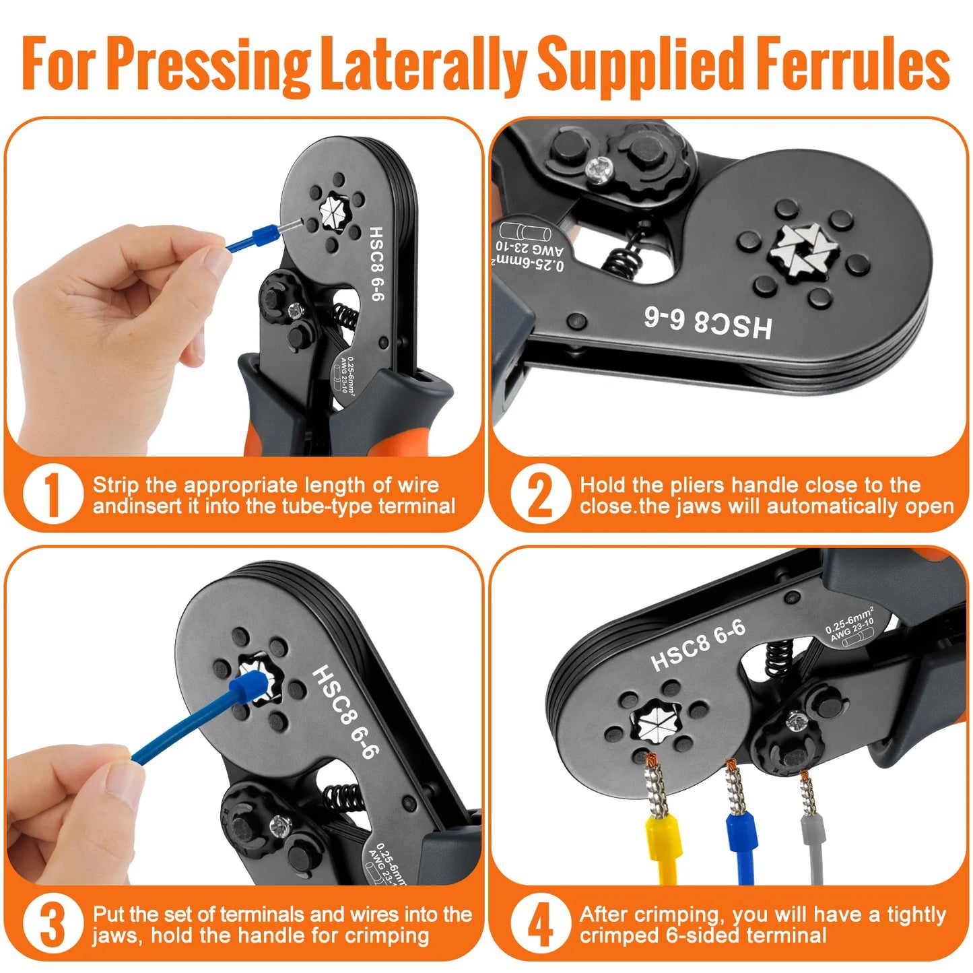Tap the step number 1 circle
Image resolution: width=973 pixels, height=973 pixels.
pyautogui.click(x=53, y=494)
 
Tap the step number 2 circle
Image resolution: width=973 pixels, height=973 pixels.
pyautogui.click(x=539, y=494)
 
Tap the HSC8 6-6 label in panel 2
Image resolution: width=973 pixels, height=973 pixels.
pyautogui.click(x=707, y=323)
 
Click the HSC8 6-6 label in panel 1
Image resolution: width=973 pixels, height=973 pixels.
pyautogui.click(x=376, y=263)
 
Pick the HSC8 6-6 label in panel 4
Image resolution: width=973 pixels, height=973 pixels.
pyautogui.click(x=698, y=645)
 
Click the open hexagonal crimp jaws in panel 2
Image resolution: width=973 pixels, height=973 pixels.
pyautogui.click(x=805, y=248)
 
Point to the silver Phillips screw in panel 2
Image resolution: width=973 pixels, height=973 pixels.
pyautogui.click(x=598, y=166)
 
